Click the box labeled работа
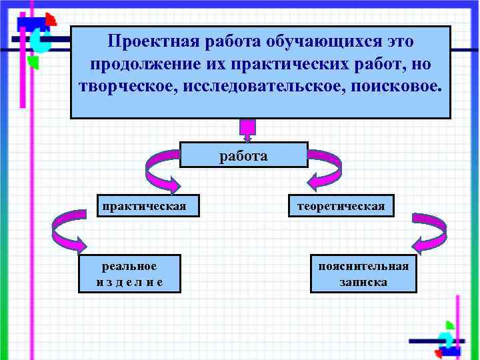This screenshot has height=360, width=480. (244, 155)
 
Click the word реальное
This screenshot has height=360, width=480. (129, 266)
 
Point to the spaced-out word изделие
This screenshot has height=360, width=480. (129, 282)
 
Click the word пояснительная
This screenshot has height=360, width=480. (363, 266)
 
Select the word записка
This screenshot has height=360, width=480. (363, 282)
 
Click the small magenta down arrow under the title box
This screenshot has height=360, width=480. (247, 130)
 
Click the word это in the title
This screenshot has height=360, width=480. (399, 41)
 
